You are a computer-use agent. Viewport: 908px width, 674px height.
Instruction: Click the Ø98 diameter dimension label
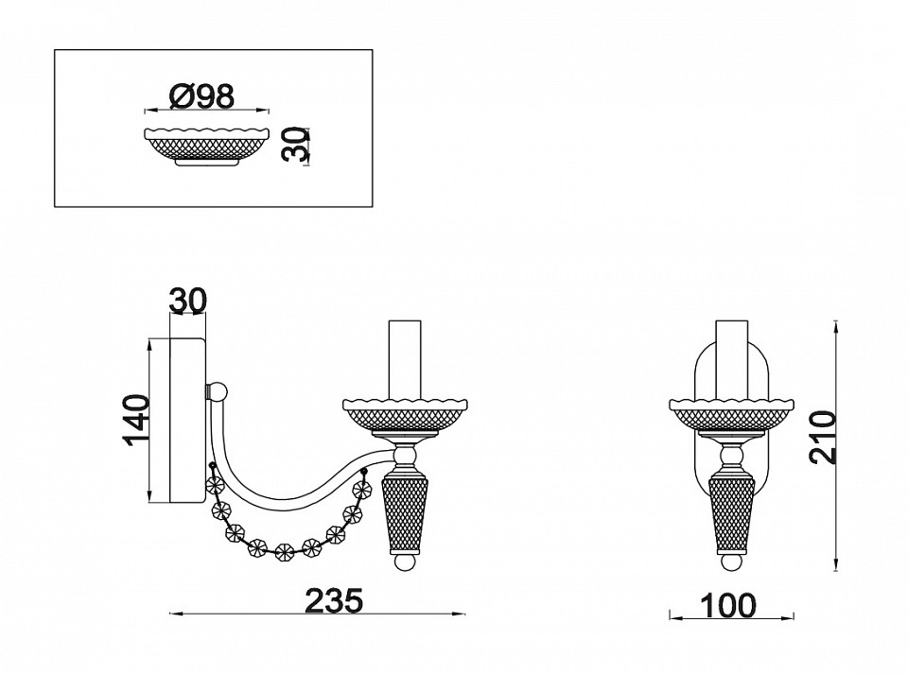click(x=202, y=96)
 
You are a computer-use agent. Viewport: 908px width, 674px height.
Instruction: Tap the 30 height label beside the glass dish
click(x=294, y=146)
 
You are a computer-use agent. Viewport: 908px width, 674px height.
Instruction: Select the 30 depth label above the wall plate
click(x=187, y=301)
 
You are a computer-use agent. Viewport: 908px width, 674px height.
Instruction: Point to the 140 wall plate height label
click(x=136, y=420)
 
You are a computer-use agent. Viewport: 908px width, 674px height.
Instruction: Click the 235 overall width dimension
click(x=334, y=600)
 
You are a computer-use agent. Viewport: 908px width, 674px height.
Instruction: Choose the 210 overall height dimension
click(x=823, y=437)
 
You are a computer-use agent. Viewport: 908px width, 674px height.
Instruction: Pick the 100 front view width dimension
click(x=728, y=606)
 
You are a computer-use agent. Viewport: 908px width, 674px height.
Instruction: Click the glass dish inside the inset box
click(x=207, y=146)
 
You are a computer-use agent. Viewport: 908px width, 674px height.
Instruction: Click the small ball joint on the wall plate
click(x=218, y=391)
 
